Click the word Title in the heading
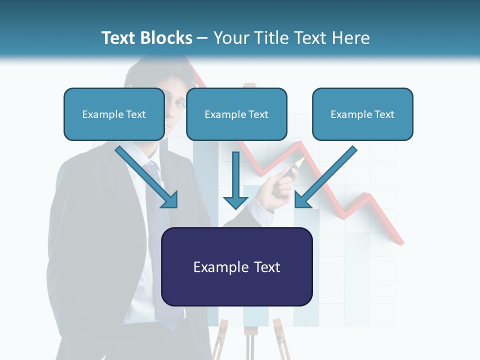[x=270, y=38]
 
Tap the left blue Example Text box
[x=114, y=114]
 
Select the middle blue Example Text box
[x=236, y=114]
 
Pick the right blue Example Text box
[x=362, y=114]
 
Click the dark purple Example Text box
[x=236, y=267]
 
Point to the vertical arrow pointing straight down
[x=235, y=180]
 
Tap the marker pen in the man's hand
[x=294, y=167]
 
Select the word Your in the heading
[x=230, y=38]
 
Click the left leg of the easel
[x=218, y=345]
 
